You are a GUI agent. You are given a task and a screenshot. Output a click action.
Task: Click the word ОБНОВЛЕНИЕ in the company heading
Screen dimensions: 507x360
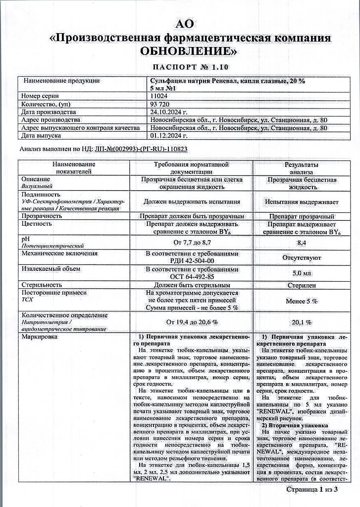click(x=189, y=51)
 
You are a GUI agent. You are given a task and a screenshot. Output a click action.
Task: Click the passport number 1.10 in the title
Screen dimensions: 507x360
click(x=218, y=67)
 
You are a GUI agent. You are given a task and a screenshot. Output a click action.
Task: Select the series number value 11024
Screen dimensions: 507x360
click(x=159, y=96)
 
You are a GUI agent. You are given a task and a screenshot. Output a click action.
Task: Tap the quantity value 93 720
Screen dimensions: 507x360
click(x=160, y=104)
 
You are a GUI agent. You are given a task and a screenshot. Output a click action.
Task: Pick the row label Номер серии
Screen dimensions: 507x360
click(x=40, y=96)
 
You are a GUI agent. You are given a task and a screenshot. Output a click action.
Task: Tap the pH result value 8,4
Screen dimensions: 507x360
click(x=301, y=243)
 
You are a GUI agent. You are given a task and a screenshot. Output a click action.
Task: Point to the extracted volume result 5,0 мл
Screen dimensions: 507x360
click(x=301, y=273)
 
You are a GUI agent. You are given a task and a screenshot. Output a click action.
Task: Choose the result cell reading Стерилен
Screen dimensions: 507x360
click(x=301, y=285)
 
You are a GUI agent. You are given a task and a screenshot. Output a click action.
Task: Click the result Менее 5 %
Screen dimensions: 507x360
click(x=301, y=301)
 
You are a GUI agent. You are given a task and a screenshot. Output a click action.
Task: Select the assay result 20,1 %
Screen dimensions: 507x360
click(x=301, y=322)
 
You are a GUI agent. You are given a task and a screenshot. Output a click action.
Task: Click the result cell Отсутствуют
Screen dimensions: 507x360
click(x=301, y=258)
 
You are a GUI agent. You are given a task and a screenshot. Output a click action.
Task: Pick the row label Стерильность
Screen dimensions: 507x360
click(x=42, y=285)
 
